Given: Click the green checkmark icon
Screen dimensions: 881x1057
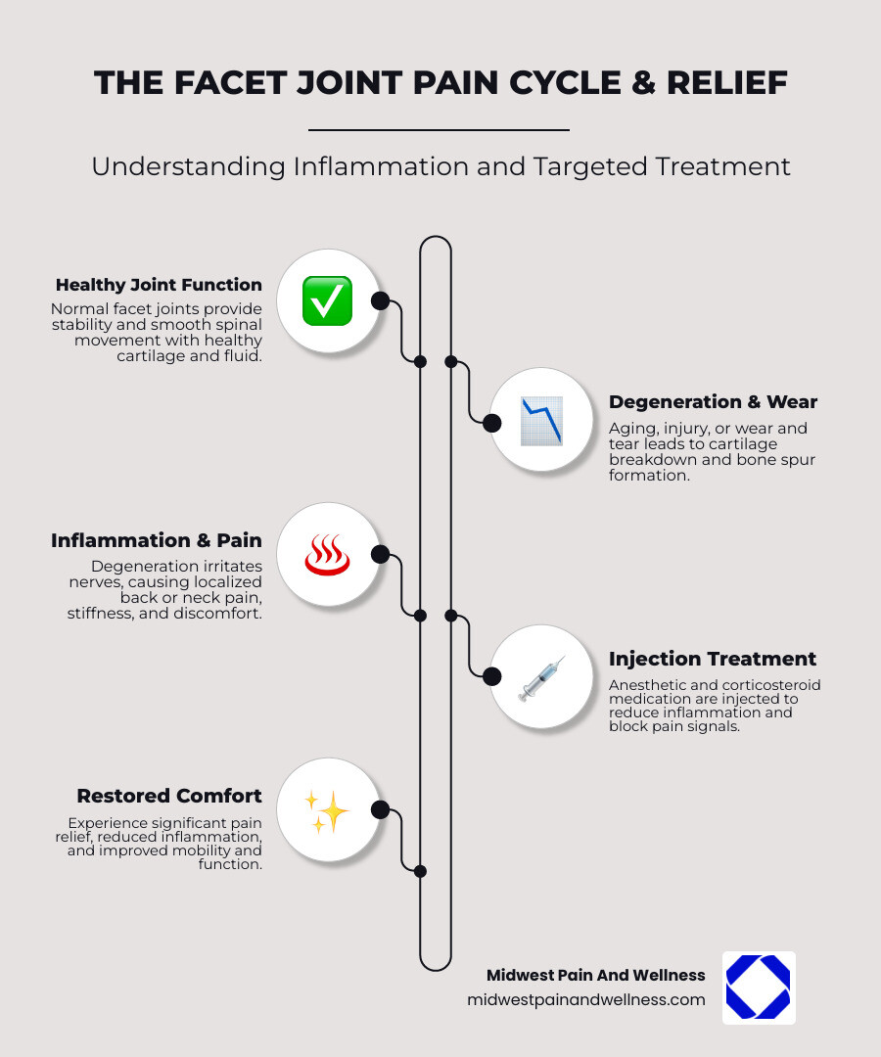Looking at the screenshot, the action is click(327, 300).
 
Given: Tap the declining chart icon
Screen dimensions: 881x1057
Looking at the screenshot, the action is click(540, 421).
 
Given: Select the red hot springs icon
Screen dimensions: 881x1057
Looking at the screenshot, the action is click(327, 555).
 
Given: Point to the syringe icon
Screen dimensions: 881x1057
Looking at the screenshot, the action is click(540, 676).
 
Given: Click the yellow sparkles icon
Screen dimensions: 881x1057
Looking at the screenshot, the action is click(327, 810).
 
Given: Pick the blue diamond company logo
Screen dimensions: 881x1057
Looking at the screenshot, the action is click(758, 988).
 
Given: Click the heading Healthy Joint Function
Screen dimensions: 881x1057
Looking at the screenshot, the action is click(159, 286).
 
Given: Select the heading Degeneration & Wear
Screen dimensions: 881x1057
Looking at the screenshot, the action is click(713, 402).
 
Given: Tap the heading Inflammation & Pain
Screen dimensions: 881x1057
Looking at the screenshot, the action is click(157, 540).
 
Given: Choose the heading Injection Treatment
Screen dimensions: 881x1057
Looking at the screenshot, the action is click(713, 659).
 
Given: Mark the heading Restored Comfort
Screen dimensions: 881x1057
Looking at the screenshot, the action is click(169, 796).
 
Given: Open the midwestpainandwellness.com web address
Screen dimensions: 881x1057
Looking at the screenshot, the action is click(586, 999).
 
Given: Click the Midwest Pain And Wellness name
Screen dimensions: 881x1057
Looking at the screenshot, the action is click(595, 975).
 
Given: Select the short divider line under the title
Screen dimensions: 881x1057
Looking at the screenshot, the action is click(439, 129).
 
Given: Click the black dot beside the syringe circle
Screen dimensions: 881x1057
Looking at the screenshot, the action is click(492, 675).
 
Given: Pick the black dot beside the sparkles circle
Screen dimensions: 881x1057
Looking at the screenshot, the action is click(381, 809).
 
